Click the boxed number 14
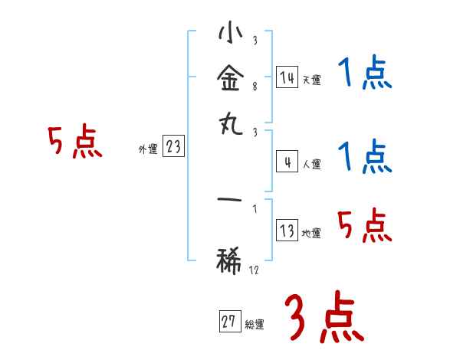[287, 77]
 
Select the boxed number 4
[287, 162]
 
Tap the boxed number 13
[287, 231]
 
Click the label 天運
[311, 79]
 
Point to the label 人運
[311, 164]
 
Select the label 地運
[311, 233]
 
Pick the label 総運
[255, 324]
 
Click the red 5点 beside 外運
[74, 143]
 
